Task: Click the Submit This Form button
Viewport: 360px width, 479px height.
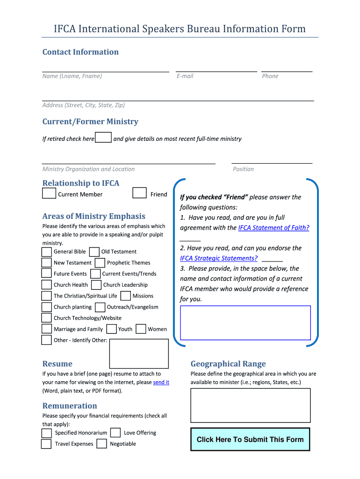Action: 250,439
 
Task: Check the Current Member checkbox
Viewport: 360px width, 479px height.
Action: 49,193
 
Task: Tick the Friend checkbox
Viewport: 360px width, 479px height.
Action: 139,193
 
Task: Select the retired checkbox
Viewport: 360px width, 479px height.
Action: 103,138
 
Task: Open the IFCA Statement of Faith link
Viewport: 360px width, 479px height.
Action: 274,228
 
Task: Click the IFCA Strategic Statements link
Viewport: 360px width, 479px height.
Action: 219,258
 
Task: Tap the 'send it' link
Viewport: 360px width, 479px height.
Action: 161,382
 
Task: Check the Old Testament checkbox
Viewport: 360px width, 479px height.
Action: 94,252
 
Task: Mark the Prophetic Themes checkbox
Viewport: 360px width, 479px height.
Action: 100,263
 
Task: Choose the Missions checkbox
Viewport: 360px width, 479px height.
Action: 125,296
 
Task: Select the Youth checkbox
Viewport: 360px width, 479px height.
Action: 111,329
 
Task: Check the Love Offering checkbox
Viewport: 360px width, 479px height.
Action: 115,433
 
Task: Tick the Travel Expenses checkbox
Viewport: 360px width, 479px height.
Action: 46,444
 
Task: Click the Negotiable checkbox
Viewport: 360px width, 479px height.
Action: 102,444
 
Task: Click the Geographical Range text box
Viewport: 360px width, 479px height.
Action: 250,405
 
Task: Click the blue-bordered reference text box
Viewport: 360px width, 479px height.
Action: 245,322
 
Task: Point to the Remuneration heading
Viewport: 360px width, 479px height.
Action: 70,406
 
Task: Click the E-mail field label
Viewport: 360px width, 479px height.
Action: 185,76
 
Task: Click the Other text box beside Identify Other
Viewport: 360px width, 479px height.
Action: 139,354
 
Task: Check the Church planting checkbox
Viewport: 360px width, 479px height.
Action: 46,307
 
